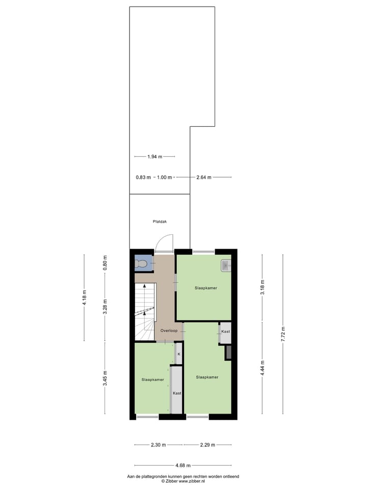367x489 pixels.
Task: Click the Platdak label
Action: [160, 222]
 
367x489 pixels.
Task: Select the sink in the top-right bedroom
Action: [226, 265]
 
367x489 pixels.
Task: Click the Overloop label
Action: [168, 331]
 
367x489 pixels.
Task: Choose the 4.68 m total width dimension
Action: [183, 465]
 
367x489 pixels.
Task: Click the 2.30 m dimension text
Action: [158, 445]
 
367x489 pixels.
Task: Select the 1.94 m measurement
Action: [154, 156]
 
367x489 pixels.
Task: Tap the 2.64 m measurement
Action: [204, 177]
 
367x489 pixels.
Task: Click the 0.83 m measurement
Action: [143, 177]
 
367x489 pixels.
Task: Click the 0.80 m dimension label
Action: [106, 262]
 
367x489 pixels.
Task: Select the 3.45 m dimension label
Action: [106, 377]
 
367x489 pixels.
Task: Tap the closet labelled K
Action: [179, 354]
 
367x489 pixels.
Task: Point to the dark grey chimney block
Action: [228, 352]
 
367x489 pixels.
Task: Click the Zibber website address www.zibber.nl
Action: [191, 481]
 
